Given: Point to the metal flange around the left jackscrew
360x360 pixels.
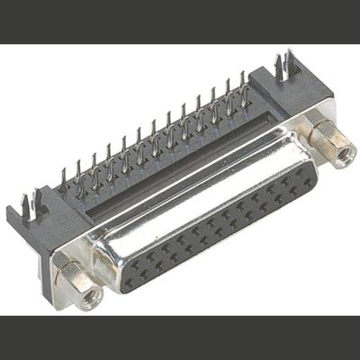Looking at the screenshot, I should (x=67, y=270).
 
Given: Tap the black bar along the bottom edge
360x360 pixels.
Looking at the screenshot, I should (x=180, y=337).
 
